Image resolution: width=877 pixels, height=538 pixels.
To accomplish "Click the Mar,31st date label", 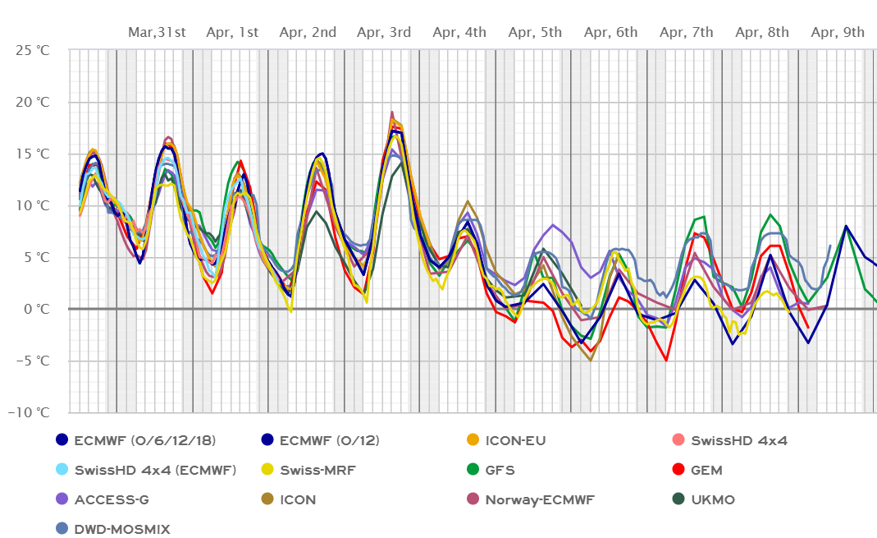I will pos(157,33).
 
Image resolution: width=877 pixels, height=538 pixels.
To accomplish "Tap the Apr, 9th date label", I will pos(838,33).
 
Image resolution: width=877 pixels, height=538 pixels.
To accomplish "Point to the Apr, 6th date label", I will pos(610,33).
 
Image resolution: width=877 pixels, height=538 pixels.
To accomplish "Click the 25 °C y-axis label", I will pos(33,50).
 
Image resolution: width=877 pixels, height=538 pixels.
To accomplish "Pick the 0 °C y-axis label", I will pos(37,309).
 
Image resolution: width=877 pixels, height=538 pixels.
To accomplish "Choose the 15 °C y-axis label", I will pos(33,154).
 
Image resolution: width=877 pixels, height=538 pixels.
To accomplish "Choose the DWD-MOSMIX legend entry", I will pos(121,529).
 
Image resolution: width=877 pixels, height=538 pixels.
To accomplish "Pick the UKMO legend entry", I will pos(712,499).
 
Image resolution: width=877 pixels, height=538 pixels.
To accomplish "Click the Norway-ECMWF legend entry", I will pos(537,499).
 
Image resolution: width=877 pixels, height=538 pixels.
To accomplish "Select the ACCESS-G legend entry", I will pos(112,499).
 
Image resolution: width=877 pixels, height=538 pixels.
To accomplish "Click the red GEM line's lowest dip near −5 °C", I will pos(666,360).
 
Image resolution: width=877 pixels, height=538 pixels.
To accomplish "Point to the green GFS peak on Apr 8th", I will pos(770,215).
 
